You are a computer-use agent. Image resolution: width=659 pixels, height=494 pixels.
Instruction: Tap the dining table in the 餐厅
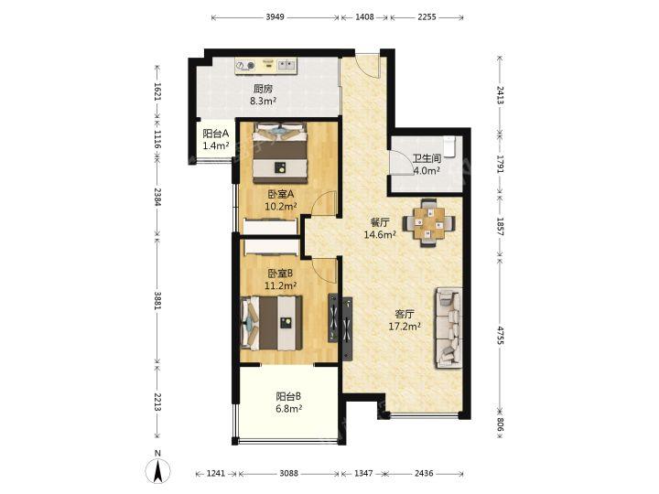[x=428, y=222]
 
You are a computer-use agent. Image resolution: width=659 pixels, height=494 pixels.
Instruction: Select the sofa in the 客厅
[x=448, y=328]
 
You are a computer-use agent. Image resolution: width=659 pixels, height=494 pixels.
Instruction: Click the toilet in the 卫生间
[x=449, y=146]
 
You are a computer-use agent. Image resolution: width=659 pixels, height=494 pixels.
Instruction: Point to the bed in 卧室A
[x=279, y=153]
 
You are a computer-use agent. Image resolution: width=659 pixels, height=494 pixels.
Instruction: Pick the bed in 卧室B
[x=272, y=323]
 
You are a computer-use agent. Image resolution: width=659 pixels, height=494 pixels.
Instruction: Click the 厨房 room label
[x=263, y=89]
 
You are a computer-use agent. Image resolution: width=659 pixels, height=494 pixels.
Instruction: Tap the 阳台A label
[x=216, y=134]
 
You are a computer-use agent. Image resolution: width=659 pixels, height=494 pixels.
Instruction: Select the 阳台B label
[x=288, y=396]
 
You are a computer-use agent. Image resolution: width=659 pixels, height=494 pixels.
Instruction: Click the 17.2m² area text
[x=405, y=326]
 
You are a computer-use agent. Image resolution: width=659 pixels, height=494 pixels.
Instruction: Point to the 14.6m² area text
[x=380, y=234]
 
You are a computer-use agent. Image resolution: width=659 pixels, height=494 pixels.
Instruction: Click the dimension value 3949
[x=275, y=17]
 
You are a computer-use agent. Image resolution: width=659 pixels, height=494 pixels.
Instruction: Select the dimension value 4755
[x=500, y=335]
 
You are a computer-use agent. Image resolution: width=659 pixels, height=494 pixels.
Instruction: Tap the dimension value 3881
[x=157, y=301]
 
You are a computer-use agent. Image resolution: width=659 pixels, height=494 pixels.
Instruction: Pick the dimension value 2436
[x=424, y=474]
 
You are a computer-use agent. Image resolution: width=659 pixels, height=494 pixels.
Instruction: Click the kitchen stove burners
[x=245, y=66]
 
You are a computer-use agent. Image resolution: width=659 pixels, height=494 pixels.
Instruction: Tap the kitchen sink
[x=286, y=65]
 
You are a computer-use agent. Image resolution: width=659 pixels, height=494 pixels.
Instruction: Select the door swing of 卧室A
[x=324, y=205]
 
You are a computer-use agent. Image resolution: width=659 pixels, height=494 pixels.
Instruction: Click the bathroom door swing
[x=401, y=162]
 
